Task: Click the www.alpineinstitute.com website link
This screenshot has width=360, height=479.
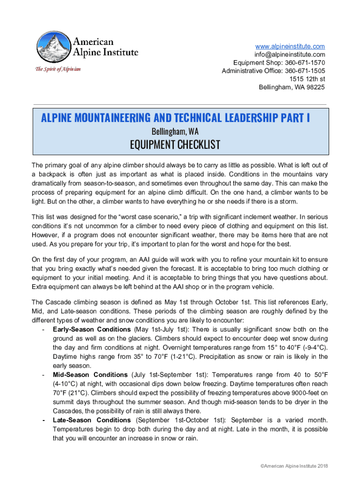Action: click(290, 46)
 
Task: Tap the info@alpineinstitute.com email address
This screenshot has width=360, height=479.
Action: click(290, 55)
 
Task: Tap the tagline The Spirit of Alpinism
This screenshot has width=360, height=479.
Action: click(58, 69)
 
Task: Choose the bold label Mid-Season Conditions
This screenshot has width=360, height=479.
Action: click(90, 375)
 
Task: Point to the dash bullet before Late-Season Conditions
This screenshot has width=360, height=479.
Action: click(43, 420)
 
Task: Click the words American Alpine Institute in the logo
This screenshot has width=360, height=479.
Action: click(105, 46)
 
